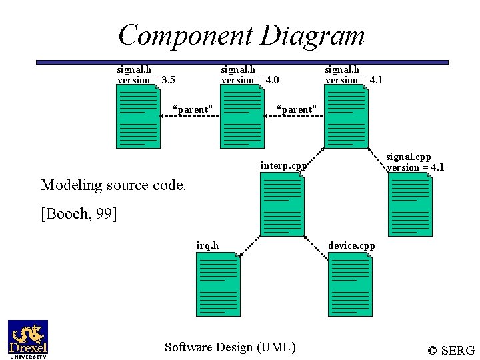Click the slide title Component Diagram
[241, 35]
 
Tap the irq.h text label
[207, 245]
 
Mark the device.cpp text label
[351, 245]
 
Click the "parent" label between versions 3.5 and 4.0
[193, 109]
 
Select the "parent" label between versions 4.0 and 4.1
[297, 109]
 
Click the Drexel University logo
[27, 339]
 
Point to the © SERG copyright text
[451, 350]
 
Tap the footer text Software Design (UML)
[230, 347]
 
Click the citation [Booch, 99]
[79, 213]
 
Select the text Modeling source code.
[113, 185]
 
